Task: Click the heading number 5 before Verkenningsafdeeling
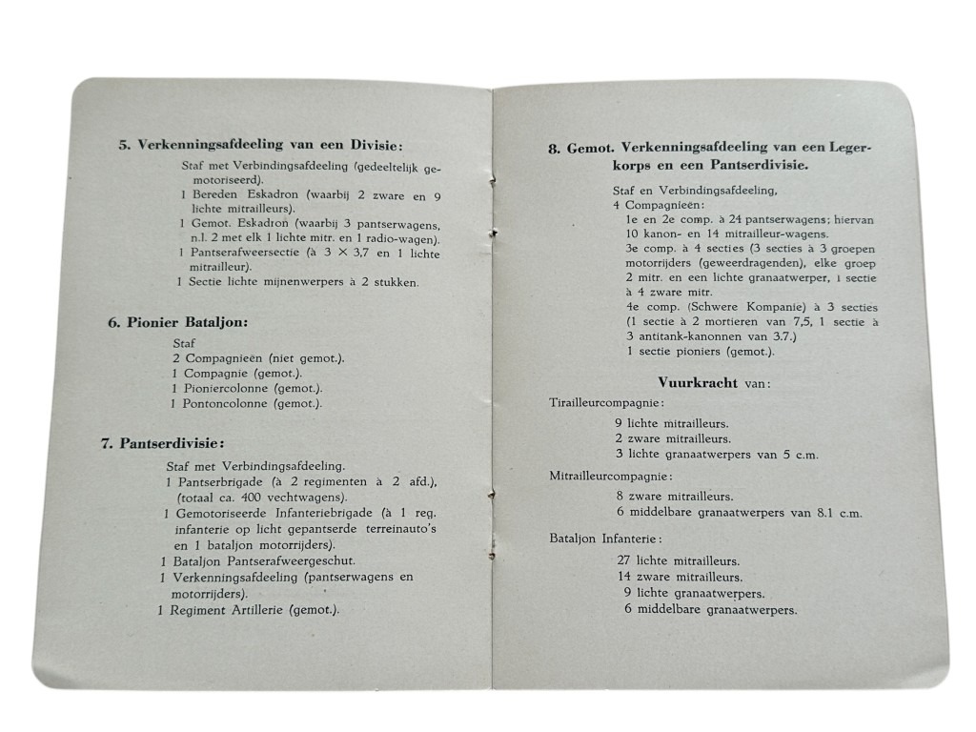(x=124, y=146)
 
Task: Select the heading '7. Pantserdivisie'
(x=163, y=443)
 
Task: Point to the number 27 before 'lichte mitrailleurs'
(x=624, y=561)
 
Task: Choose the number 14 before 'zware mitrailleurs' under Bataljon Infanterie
(x=624, y=577)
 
